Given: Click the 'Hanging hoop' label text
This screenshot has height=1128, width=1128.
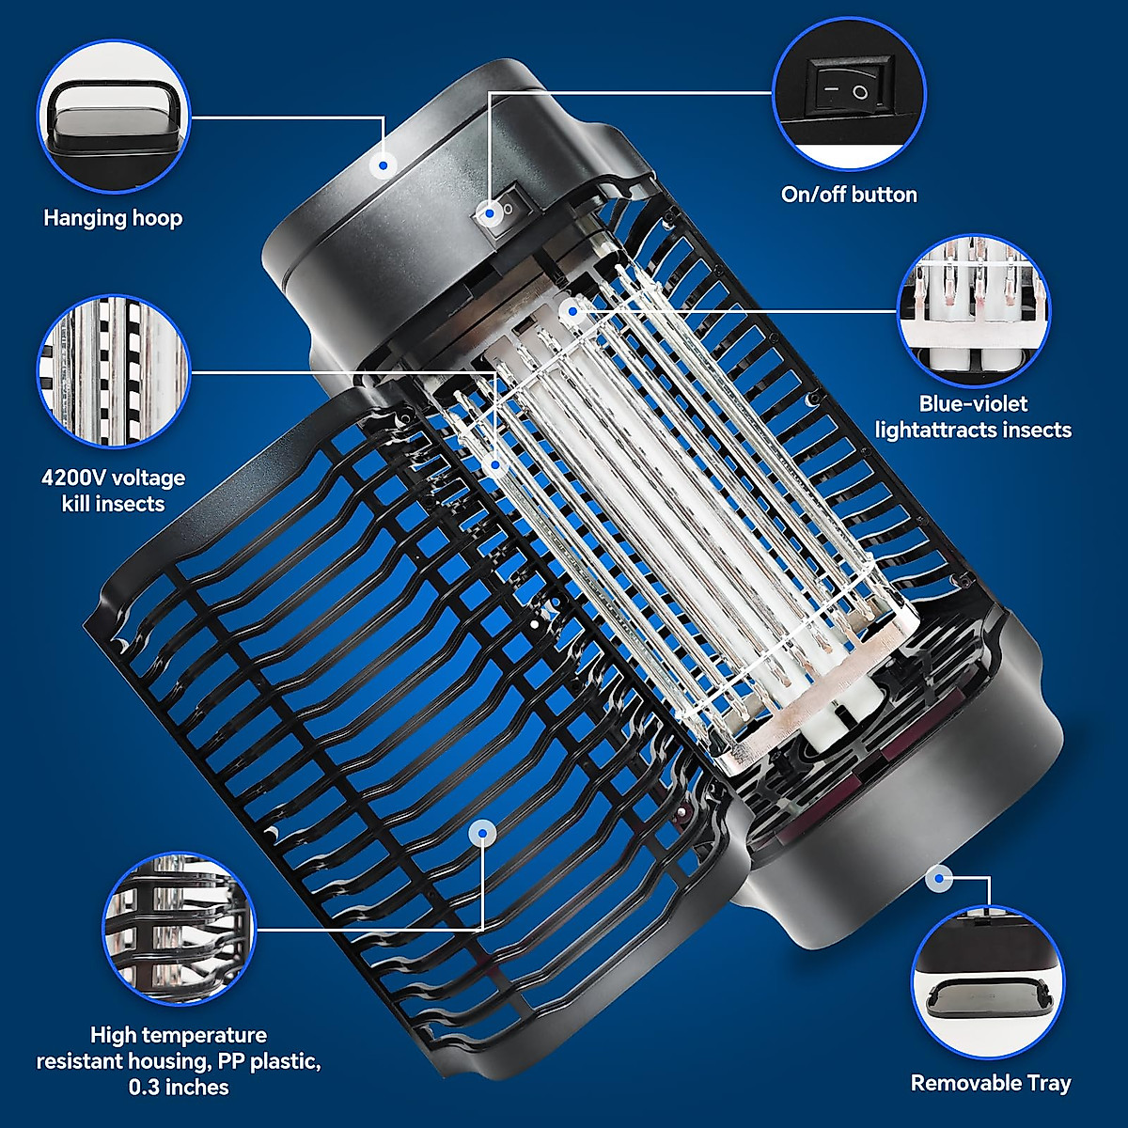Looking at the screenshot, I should (113, 218).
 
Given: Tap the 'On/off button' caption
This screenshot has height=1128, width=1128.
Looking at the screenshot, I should (849, 195).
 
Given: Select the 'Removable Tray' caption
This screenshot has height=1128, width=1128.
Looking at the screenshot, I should (991, 1083).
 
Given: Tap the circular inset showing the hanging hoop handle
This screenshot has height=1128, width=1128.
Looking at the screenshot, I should (114, 115).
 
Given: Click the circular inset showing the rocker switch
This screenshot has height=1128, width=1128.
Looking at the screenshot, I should (849, 93).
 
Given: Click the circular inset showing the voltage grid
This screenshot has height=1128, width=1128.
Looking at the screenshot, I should (114, 371).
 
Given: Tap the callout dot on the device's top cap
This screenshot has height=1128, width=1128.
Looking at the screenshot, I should (382, 164).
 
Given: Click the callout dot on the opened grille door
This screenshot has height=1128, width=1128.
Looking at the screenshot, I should (482, 832).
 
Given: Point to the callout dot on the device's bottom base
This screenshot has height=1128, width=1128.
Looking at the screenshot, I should (937, 879).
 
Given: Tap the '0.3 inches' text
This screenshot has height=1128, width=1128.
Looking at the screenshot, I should (179, 1088).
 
